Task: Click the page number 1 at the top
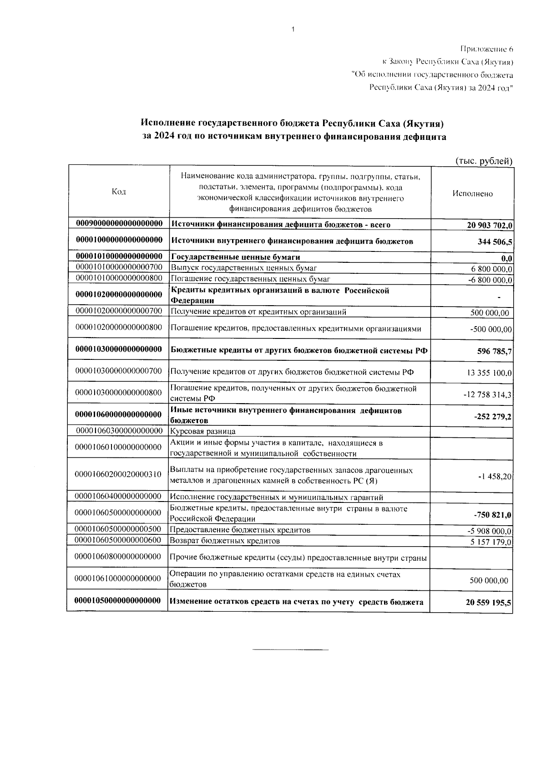(x=293, y=30)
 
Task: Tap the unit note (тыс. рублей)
(x=484, y=161)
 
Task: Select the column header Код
(x=119, y=192)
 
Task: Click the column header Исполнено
(x=472, y=194)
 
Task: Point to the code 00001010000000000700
(x=119, y=268)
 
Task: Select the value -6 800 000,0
(x=490, y=280)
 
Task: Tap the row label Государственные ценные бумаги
(x=235, y=257)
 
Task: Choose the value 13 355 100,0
(x=489, y=373)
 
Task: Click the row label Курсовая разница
(x=203, y=431)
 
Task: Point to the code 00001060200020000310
(x=119, y=475)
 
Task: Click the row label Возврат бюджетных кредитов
(x=225, y=541)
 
